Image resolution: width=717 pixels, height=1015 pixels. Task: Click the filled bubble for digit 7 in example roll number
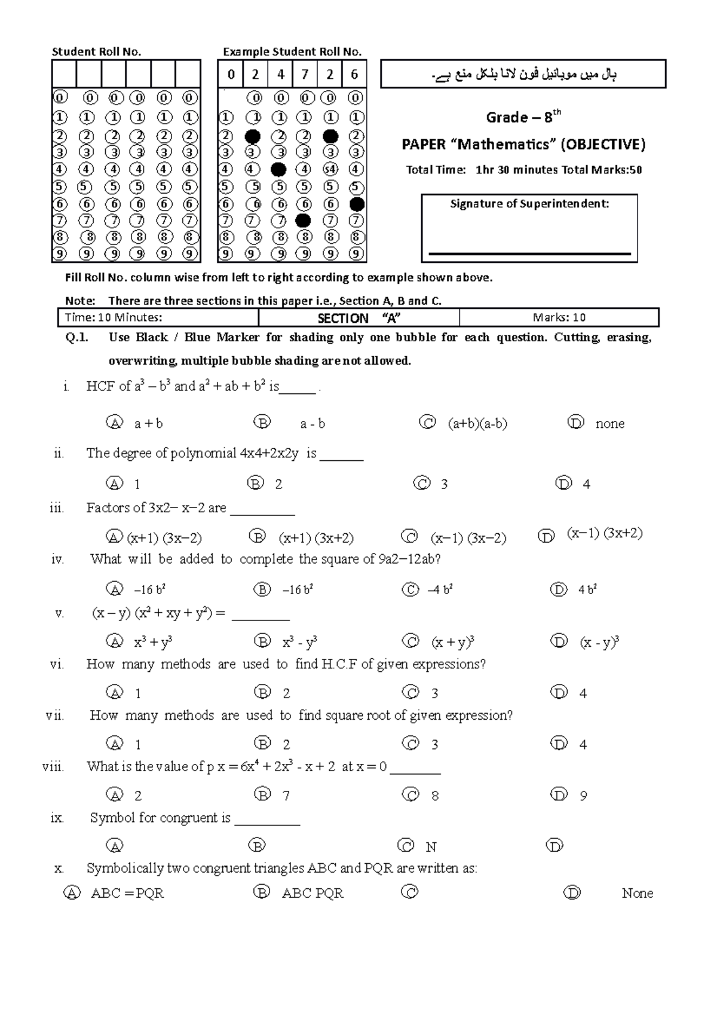point(303,221)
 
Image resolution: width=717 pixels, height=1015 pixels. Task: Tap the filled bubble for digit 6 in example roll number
point(357,204)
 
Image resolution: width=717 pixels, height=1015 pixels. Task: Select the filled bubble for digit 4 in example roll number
point(278,169)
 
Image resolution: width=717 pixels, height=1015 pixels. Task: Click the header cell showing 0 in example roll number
point(231,75)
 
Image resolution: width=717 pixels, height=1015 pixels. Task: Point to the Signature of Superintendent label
point(529,204)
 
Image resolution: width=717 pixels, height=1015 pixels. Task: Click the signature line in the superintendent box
point(529,254)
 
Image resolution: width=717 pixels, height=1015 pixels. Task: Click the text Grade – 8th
point(523,117)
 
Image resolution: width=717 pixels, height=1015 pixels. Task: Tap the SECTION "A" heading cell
point(358,317)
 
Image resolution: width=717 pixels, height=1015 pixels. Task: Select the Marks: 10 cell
point(559,317)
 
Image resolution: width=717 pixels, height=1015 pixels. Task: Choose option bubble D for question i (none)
point(575,423)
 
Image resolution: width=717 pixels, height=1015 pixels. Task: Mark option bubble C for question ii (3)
point(422,483)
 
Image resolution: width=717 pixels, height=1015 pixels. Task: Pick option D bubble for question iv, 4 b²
point(559,590)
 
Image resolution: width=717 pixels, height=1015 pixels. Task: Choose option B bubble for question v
point(262,642)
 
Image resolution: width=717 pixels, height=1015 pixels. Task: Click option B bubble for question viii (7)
point(262,794)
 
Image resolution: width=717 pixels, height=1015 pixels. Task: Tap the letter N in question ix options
point(431,847)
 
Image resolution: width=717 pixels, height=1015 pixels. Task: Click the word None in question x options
point(637,893)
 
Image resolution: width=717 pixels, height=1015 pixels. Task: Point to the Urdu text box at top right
point(523,74)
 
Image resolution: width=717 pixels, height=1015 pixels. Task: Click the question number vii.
point(54,716)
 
